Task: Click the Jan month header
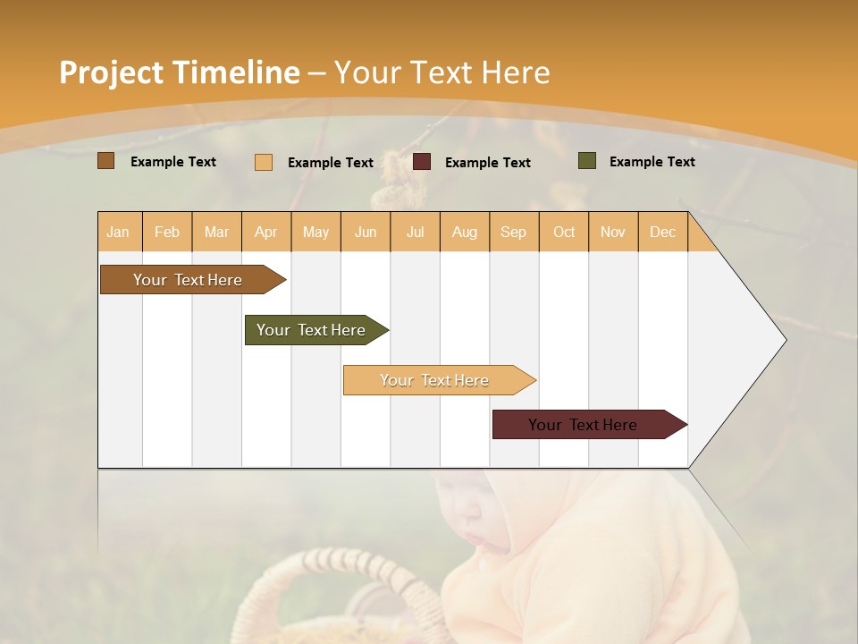pyautogui.click(x=119, y=232)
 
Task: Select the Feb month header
pyautogui.click(x=167, y=232)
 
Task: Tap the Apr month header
pyautogui.click(x=265, y=232)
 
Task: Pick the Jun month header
pyautogui.click(x=366, y=232)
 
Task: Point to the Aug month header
pyautogui.click(x=464, y=232)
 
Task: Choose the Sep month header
pyautogui.click(x=513, y=232)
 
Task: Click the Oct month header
pyautogui.click(x=564, y=232)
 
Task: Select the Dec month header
pyautogui.click(x=662, y=232)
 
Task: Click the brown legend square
pyautogui.click(x=106, y=161)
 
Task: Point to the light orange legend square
pyautogui.click(x=264, y=162)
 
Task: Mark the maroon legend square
pyautogui.click(x=422, y=162)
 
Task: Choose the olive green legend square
pyautogui.click(x=587, y=161)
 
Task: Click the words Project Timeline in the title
pyautogui.click(x=179, y=72)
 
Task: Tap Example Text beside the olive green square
pyautogui.click(x=652, y=162)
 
